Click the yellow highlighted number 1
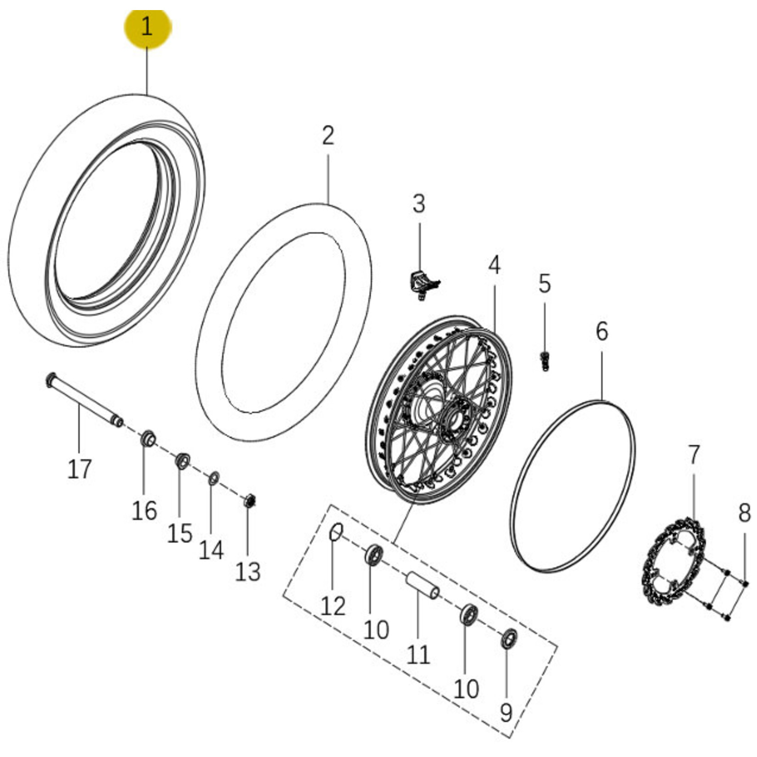(x=147, y=27)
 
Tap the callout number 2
(x=328, y=136)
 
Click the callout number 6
(x=602, y=331)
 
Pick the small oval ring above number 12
(x=336, y=532)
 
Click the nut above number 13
(x=249, y=500)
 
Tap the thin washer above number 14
(x=214, y=479)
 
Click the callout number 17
(x=80, y=469)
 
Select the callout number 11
(x=418, y=655)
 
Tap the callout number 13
(x=248, y=571)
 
